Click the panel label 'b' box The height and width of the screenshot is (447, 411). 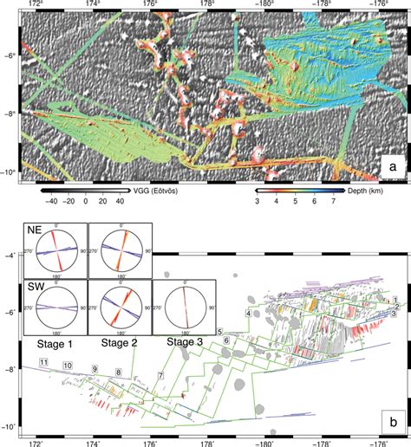click(393, 422)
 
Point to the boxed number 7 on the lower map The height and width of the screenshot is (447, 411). click(160, 375)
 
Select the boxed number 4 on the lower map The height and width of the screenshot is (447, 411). click(249, 313)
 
